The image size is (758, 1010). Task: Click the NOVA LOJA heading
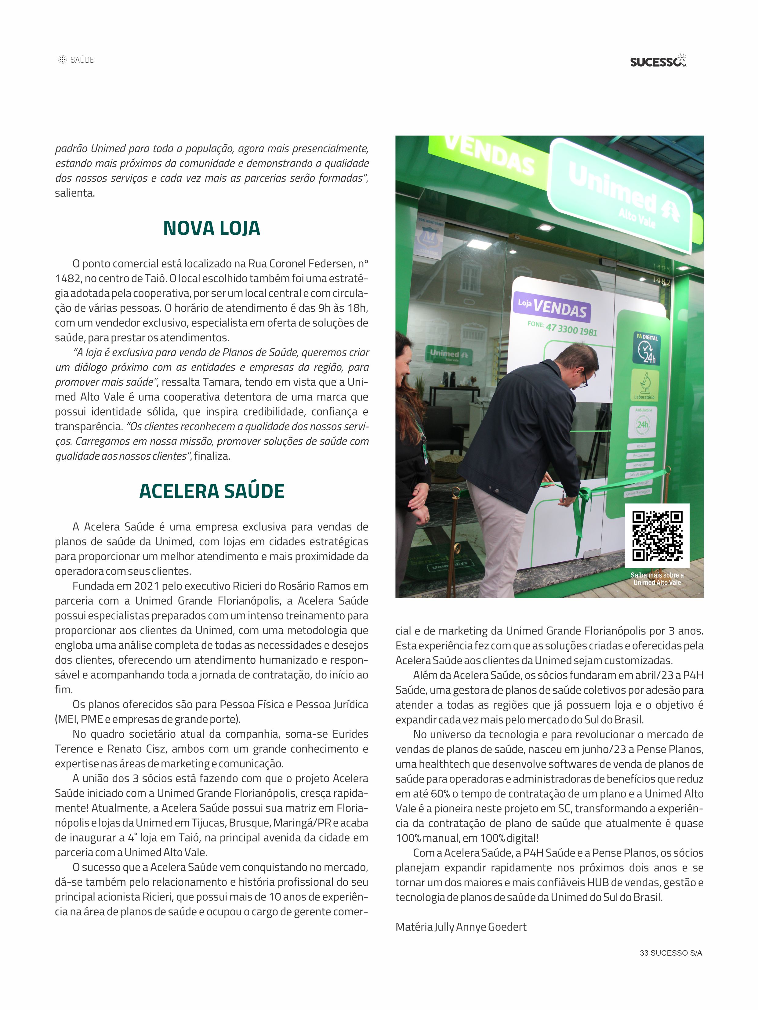[x=212, y=228]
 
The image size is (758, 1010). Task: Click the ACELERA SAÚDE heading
[x=212, y=491]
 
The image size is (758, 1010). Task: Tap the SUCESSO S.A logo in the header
[x=658, y=61]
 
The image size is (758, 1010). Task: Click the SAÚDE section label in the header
[x=82, y=60]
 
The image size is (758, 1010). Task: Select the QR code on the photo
[x=657, y=535]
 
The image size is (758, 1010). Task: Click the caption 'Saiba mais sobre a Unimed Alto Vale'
[x=657, y=579]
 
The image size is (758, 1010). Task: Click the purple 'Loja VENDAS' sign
[x=552, y=308]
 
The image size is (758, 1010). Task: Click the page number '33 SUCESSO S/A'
[x=670, y=953]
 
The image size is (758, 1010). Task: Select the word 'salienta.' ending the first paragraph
[x=75, y=193]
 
